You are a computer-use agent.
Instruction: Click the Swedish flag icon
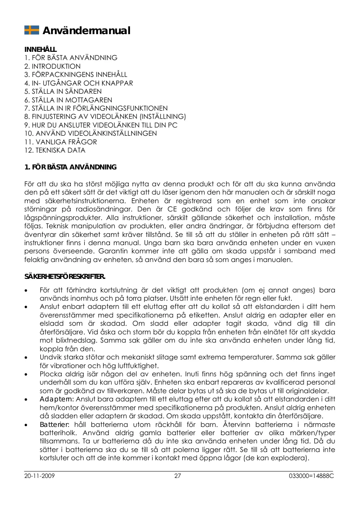click(x=32, y=30)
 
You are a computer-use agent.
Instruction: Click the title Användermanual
click(x=87, y=31)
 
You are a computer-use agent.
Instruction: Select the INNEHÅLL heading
click(x=40, y=50)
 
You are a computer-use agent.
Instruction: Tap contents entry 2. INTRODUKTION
click(x=53, y=66)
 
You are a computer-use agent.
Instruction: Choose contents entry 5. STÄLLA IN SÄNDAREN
click(x=63, y=91)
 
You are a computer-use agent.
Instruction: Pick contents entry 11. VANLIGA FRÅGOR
click(x=61, y=142)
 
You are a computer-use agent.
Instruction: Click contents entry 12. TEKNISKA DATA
click(x=55, y=151)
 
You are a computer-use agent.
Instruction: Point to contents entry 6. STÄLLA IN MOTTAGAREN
click(x=68, y=100)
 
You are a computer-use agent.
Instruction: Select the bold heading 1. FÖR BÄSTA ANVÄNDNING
click(x=70, y=167)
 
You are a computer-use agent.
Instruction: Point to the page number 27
click(x=178, y=476)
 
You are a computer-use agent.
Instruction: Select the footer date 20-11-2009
click(x=40, y=476)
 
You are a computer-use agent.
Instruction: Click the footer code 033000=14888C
click(x=311, y=476)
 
